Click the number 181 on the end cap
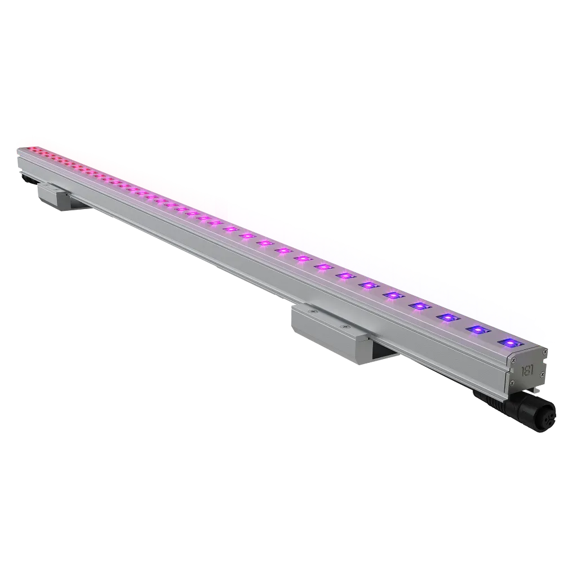pos(527,371)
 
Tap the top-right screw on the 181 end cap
pos(544,351)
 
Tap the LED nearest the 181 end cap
pos(508,342)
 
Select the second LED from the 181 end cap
pos(478,330)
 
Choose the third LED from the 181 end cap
pos(448,318)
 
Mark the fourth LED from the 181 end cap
pos(420,306)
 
